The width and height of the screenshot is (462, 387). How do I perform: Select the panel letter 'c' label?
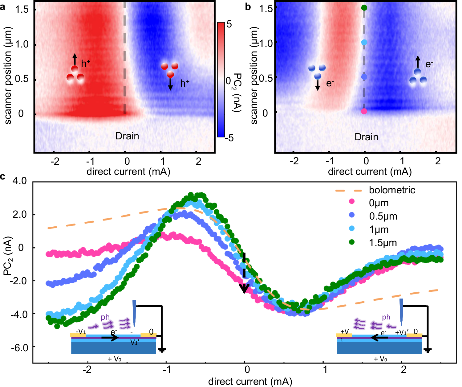(3, 177)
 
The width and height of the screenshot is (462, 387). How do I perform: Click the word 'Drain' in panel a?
(127, 136)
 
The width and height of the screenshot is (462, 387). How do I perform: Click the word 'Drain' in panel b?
(366, 137)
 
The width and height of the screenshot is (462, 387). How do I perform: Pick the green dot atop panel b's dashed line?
(364, 8)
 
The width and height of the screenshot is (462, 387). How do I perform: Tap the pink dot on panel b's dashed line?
(364, 111)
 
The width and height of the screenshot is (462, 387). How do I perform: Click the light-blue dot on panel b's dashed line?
(364, 43)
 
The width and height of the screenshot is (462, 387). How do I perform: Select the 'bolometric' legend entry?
(392, 190)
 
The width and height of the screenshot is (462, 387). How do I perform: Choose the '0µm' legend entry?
(379, 203)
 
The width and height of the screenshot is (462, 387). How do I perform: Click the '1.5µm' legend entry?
(383, 243)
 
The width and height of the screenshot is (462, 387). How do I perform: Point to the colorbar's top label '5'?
(229, 24)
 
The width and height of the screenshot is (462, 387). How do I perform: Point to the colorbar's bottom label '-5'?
(229, 138)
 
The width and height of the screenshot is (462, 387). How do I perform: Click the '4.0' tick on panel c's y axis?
(20, 181)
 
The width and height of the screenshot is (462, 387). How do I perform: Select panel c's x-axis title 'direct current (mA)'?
(250, 381)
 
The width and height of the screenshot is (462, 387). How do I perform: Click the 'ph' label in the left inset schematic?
(105, 317)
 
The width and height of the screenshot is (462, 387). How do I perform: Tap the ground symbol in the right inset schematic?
(428, 349)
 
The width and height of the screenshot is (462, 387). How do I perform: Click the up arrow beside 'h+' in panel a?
(75, 60)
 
